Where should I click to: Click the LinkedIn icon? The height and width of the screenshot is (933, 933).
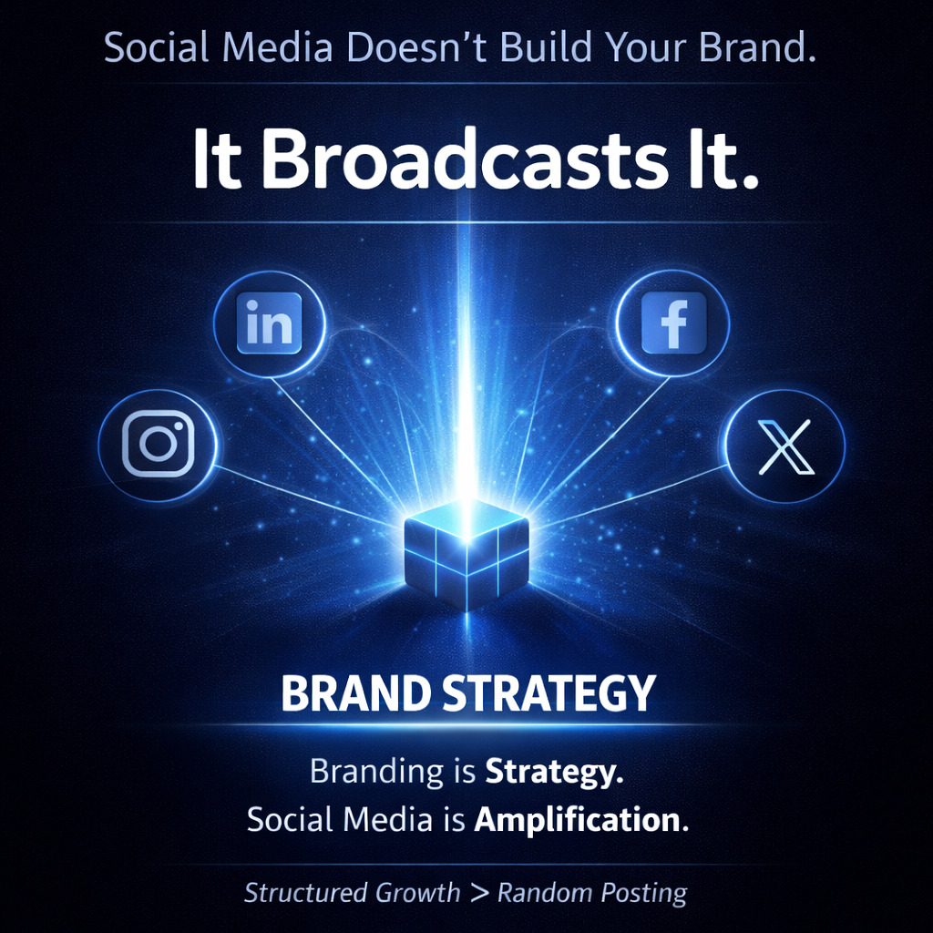(269, 323)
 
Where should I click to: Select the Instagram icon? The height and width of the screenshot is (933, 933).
(159, 444)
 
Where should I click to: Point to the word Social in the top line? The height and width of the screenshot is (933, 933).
(156, 47)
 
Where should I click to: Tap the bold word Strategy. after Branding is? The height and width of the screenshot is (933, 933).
(553, 773)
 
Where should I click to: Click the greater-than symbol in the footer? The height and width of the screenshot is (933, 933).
(479, 892)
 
